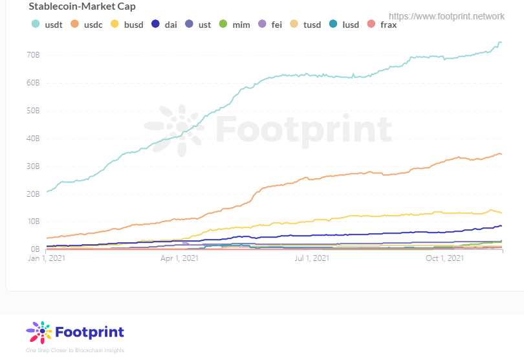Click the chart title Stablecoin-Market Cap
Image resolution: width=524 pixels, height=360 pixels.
pos(82,6)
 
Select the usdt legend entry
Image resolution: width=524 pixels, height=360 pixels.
pos(49,25)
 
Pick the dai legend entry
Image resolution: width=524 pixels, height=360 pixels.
pos(165,25)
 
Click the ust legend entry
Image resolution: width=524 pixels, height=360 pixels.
pos(199,25)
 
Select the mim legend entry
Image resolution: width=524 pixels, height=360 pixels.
pos(235,25)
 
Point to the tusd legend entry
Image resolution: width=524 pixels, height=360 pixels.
pos(306,25)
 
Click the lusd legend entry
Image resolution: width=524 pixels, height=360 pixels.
pos(345,25)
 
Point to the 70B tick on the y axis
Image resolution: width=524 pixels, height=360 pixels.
pos(33,55)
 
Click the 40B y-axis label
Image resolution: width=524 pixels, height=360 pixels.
pos(33,138)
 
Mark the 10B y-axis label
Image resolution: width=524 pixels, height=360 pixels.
pos(33,221)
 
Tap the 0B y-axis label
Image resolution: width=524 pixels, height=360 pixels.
pos(35,249)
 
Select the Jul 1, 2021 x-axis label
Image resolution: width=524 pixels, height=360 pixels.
pos(312,258)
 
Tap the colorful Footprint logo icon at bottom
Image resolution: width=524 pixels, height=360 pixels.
pos(39,332)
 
